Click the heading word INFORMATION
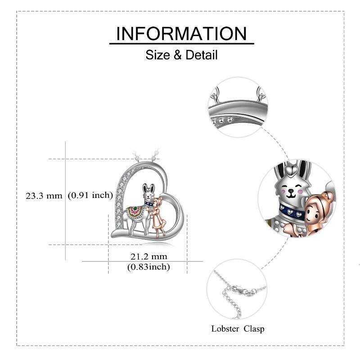(x=181, y=34)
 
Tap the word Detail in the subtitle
(x=201, y=55)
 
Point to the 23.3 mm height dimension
(x=44, y=196)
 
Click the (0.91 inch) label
(x=90, y=195)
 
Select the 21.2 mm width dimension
(x=149, y=256)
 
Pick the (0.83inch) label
(x=148, y=267)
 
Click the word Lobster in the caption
(x=225, y=328)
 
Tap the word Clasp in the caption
(x=254, y=328)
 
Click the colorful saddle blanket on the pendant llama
(x=135, y=211)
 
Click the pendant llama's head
(x=148, y=193)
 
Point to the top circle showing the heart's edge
(x=238, y=107)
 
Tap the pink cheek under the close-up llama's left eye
(x=283, y=191)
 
